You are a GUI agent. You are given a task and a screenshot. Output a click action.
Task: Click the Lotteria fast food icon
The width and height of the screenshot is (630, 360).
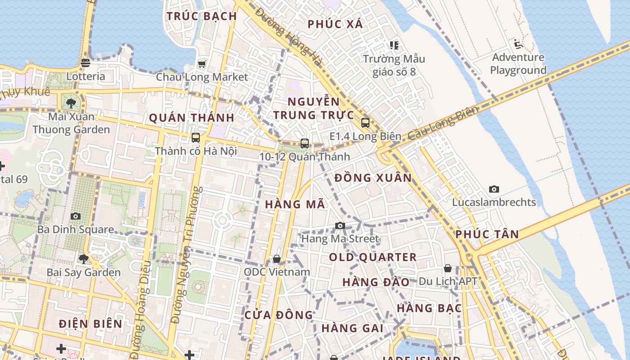[x=85, y=63]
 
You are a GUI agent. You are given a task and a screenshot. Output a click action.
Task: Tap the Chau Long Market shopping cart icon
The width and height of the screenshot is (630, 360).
[x=202, y=64]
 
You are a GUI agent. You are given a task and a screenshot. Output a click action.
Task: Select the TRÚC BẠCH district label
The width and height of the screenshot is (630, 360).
[x=202, y=16]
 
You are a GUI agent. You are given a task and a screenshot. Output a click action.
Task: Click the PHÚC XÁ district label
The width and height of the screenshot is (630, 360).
[x=335, y=24]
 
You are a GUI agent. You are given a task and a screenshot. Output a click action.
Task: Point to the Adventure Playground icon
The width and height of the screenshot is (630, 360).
[x=518, y=44]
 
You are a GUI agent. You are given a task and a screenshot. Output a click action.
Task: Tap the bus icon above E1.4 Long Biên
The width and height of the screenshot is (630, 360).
[x=365, y=122]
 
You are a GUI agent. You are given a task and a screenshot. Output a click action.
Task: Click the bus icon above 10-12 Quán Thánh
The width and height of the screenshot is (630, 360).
[x=305, y=144]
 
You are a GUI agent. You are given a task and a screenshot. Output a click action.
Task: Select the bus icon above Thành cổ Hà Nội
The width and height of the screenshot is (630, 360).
[x=196, y=138]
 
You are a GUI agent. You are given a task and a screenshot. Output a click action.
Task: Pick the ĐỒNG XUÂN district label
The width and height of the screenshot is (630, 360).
[x=373, y=178]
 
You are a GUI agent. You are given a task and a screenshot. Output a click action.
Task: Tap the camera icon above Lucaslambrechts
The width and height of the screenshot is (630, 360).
[x=494, y=189]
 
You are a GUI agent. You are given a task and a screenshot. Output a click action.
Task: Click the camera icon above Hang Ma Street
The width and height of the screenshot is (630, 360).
[x=340, y=225]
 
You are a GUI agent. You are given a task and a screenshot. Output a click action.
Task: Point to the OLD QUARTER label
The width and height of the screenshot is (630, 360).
[x=373, y=257]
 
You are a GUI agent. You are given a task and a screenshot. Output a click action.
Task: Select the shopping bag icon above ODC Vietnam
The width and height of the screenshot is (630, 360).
[x=277, y=259]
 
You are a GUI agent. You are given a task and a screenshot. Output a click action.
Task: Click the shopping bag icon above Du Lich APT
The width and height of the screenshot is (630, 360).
[x=448, y=268]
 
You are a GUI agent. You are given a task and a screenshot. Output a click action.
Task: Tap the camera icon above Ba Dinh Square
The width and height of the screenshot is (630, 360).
[x=76, y=216]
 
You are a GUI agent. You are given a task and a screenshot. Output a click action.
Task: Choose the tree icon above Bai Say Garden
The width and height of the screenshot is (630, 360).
[x=84, y=259]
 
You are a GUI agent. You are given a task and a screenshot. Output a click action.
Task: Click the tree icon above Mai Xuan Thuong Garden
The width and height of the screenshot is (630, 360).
[x=71, y=103]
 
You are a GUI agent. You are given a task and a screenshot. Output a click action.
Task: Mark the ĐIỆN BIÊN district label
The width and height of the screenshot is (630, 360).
[x=90, y=324]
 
